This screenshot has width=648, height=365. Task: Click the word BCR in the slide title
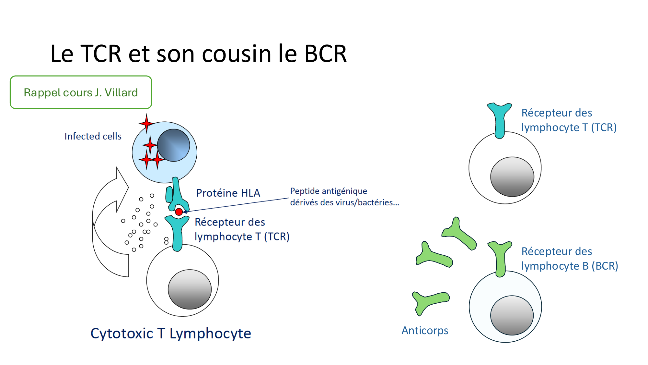pyautogui.click(x=325, y=54)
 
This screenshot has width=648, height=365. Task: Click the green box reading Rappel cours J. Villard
pyautogui.click(x=81, y=92)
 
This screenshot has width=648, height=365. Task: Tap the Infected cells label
pyautogui.click(x=93, y=136)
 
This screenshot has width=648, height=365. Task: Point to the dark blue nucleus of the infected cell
pyautogui.click(x=173, y=145)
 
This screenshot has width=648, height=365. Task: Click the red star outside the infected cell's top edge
pyautogui.click(x=146, y=123)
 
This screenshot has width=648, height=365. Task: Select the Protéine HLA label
pyautogui.click(x=228, y=193)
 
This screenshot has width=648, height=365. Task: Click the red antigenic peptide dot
pyautogui.click(x=179, y=212)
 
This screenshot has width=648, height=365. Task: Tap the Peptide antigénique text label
pyautogui.click(x=344, y=197)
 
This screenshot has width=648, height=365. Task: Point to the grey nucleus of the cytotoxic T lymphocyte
pyautogui.click(x=190, y=289)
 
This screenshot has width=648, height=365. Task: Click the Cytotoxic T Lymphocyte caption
pyautogui.click(x=171, y=334)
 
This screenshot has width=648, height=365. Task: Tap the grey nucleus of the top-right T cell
pyautogui.click(x=512, y=177)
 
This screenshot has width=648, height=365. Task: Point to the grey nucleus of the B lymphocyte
pyautogui.click(x=512, y=315)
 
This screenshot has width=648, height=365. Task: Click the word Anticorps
pyautogui.click(x=425, y=331)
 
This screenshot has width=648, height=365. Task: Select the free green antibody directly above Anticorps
pyautogui.click(x=429, y=302)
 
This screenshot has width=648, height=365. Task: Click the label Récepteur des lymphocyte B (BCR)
pyautogui.click(x=569, y=259)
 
